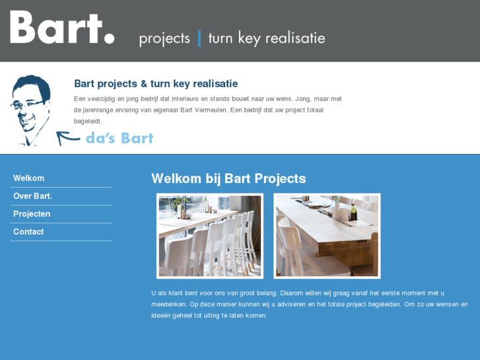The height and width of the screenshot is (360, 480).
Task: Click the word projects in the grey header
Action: click(x=164, y=38)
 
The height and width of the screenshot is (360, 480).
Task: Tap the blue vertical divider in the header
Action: click(x=199, y=38)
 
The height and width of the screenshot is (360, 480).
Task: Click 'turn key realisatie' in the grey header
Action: click(x=266, y=38)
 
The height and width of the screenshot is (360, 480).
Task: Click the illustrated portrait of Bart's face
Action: click(x=31, y=109)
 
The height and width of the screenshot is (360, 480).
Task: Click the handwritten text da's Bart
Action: click(x=120, y=138)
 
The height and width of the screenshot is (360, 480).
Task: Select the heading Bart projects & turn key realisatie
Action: click(x=156, y=84)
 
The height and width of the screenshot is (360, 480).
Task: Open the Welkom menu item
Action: click(x=29, y=178)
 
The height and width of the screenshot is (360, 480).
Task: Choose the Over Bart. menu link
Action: click(x=32, y=196)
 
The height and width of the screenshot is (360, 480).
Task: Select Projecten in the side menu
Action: click(x=32, y=214)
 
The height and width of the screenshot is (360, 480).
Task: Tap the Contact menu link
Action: click(x=28, y=232)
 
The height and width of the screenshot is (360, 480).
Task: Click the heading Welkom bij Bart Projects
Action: click(x=228, y=178)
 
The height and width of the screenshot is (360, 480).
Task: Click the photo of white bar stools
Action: click(x=210, y=236)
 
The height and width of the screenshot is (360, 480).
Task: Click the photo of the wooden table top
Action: click(x=327, y=236)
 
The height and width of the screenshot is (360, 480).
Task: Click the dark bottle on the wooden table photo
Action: click(x=353, y=213)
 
